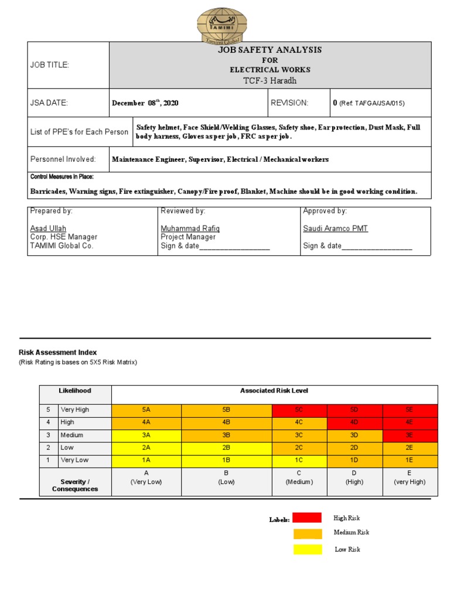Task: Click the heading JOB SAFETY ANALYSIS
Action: pos(270,50)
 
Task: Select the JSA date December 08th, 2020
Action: pos(145,103)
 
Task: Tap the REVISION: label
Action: pos(289,103)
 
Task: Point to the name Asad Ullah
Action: pos(48,229)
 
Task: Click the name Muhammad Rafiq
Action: pos(190,229)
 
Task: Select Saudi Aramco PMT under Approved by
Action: pos(335,229)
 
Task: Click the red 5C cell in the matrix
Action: pos(299,410)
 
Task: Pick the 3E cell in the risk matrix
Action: pos(410,435)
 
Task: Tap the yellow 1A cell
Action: pos(146,461)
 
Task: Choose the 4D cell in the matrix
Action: pos(354,422)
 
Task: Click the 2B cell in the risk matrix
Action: pos(226,448)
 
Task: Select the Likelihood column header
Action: pos(75,391)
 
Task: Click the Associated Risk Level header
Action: pos(274,391)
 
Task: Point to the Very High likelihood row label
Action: pos(75,410)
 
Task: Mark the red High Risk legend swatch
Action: pos(307,518)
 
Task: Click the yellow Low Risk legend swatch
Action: pos(307,550)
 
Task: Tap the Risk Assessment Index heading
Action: pos(56,353)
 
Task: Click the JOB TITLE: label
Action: pos(50,65)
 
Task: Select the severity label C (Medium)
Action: pos(299,478)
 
